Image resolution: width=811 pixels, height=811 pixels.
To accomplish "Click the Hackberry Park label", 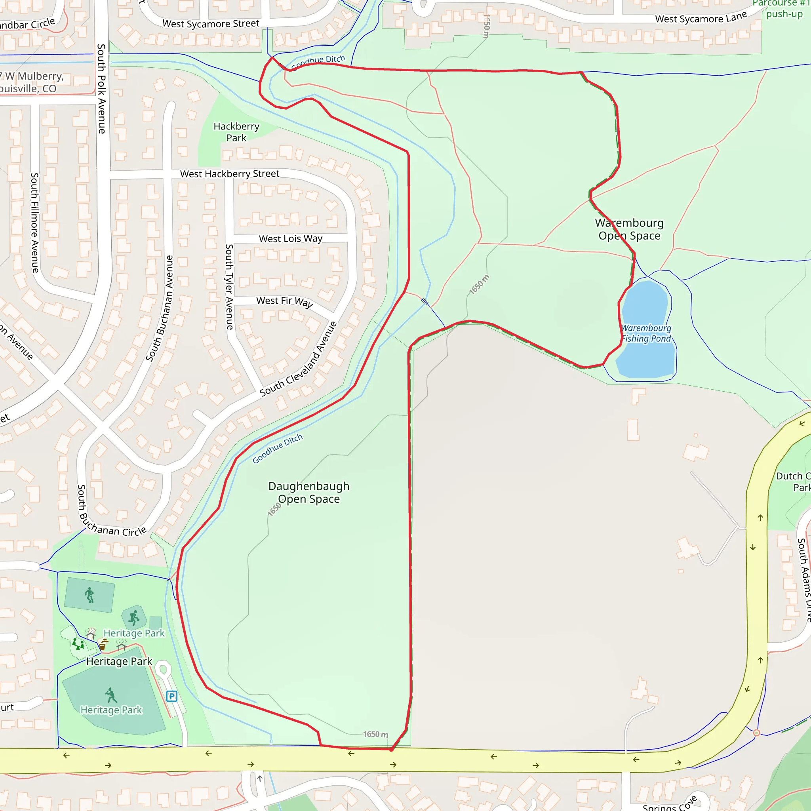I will click(236, 132).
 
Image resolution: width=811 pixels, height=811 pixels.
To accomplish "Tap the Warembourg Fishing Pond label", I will click(646, 333).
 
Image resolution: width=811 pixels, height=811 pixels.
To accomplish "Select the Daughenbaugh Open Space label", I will click(309, 492).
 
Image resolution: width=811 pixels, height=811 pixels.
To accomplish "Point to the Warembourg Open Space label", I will click(629, 229).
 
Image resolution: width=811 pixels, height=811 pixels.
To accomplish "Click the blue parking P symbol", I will click(172, 697).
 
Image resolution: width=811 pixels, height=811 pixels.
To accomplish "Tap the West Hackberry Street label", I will click(230, 174).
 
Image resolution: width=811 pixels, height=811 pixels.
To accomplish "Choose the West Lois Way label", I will click(291, 239).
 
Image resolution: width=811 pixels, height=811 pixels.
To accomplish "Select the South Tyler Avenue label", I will click(229, 287).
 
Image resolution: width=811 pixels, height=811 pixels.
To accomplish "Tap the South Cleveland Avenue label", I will click(298, 359).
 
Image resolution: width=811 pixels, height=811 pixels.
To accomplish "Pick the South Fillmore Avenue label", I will click(35, 223).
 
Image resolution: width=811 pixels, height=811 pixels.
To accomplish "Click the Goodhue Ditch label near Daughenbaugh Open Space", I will click(278, 449).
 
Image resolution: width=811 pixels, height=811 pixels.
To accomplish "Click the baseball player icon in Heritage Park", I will click(111, 695).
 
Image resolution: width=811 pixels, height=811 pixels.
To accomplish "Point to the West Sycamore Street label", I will click(211, 23).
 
